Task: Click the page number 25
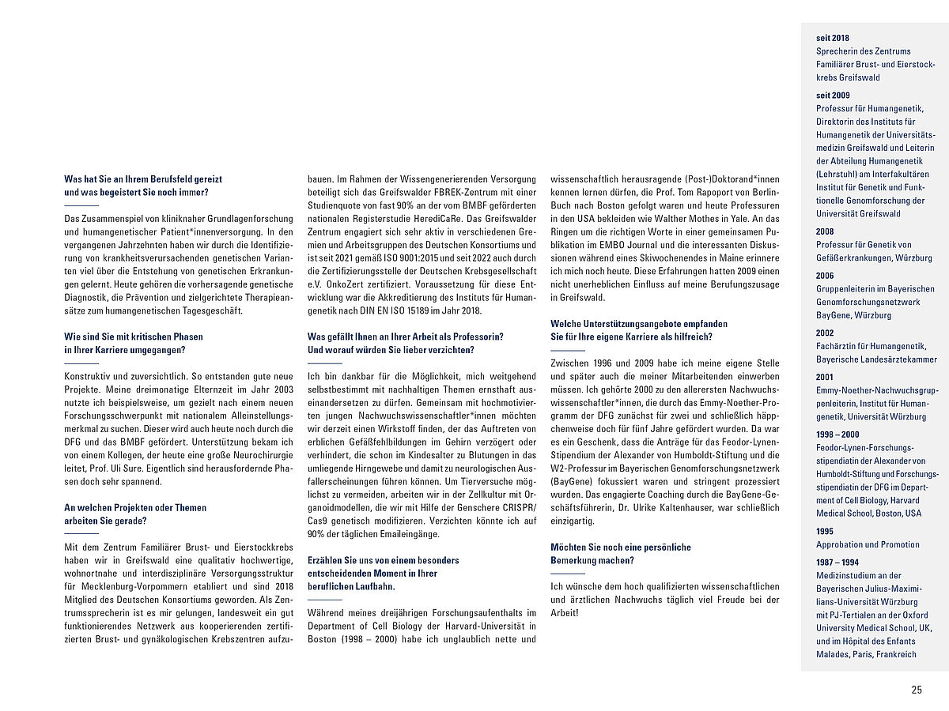pyautogui.click(x=916, y=690)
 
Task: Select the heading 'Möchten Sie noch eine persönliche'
pyautogui.click(x=621, y=547)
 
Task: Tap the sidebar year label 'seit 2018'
pyautogui.click(x=833, y=37)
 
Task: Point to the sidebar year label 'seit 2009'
pyautogui.click(x=833, y=96)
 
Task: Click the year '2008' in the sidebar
pyautogui.click(x=825, y=232)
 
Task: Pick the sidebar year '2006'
pyautogui.click(x=825, y=276)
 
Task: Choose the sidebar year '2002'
pyautogui.click(x=825, y=333)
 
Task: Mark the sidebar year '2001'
pyautogui.click(x=825, y=377)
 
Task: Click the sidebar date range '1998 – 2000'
pyautogui.click(x=837, y=434)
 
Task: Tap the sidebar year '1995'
pyautogui.click(x=825, y=532)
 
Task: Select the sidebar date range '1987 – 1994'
pyautogui.click(x=837, y=562)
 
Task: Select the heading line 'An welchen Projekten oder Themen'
pyautogui.click(x=135, y=508)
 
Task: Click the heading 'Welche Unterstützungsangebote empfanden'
pyautogui.click(x=639, y=324)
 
